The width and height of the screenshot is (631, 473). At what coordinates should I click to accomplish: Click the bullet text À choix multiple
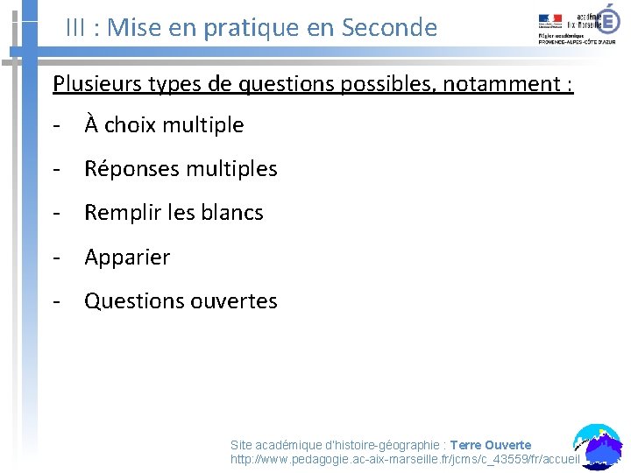tap(164, 125)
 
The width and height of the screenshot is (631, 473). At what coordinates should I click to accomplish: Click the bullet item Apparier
tap(127, 258)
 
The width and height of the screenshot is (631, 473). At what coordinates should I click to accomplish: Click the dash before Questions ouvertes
tap(56, 301)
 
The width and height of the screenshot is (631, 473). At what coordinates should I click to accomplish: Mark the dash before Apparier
tap(56, 258)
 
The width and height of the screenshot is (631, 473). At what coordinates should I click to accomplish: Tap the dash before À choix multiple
tap(56, 125)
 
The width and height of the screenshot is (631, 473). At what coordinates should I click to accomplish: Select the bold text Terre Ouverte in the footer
tap(491, 445)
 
